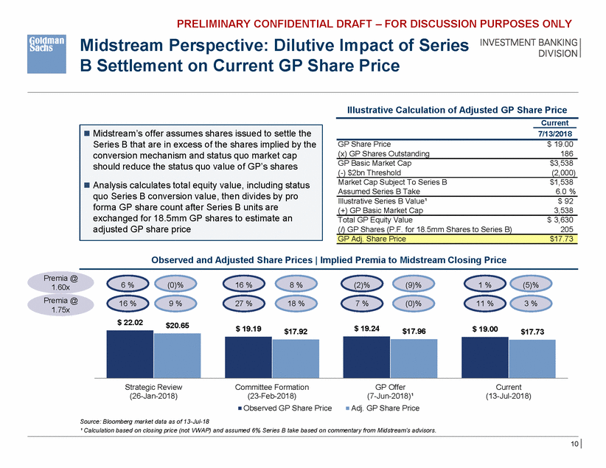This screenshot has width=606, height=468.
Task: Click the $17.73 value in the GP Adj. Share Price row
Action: (x=563, y=239)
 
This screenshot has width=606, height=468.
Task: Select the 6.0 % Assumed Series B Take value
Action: (x=564, y=187)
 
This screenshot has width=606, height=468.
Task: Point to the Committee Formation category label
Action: (x=272, y=387)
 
